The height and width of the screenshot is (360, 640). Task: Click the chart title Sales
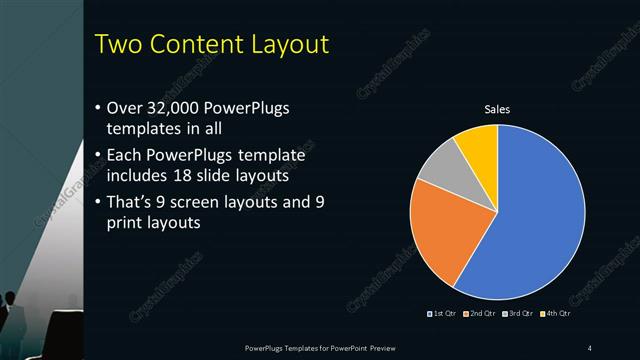point(498,109)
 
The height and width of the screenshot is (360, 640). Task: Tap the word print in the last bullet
point(127,222)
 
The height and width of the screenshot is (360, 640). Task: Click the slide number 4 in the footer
point(590,347)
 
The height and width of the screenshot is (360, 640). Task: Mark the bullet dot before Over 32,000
point(96,108)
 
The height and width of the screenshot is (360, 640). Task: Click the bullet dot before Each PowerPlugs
point(96,156)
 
